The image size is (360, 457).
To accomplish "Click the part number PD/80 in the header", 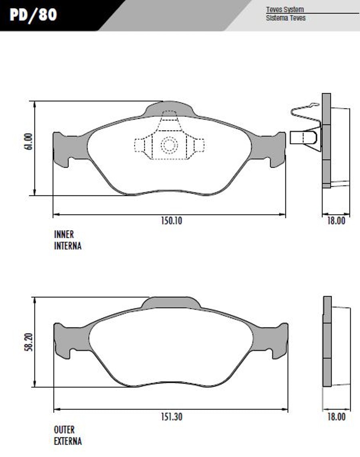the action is tap(33, 15).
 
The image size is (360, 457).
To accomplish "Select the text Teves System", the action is tap(284, 9).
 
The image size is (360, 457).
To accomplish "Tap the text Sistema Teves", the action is tap(286, 18).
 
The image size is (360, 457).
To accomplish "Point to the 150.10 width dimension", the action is tap(172, 220).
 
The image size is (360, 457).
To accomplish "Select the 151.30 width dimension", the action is tap(172, 417).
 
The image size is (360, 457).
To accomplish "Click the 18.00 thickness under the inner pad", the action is tap(336, 220).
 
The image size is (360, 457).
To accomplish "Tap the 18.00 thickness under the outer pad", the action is tap(336, 417).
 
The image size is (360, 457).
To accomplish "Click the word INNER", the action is tap(64, 235).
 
